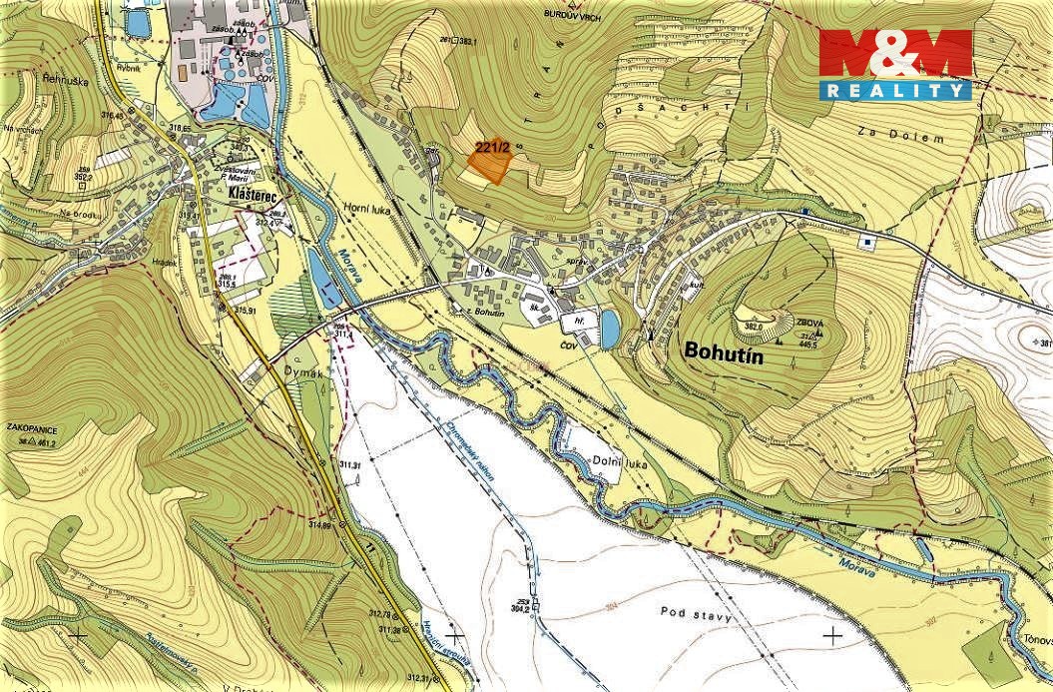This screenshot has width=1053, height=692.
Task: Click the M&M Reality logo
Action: click(x=895, y=64)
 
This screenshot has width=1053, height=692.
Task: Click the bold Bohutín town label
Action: click(x=731, y=350)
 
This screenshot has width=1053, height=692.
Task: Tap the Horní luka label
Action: click(x=370, y=212)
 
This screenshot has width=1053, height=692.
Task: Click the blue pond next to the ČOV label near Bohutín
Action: click(x=608, y=328)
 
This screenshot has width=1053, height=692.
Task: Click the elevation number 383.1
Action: click(x=465, y=41)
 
